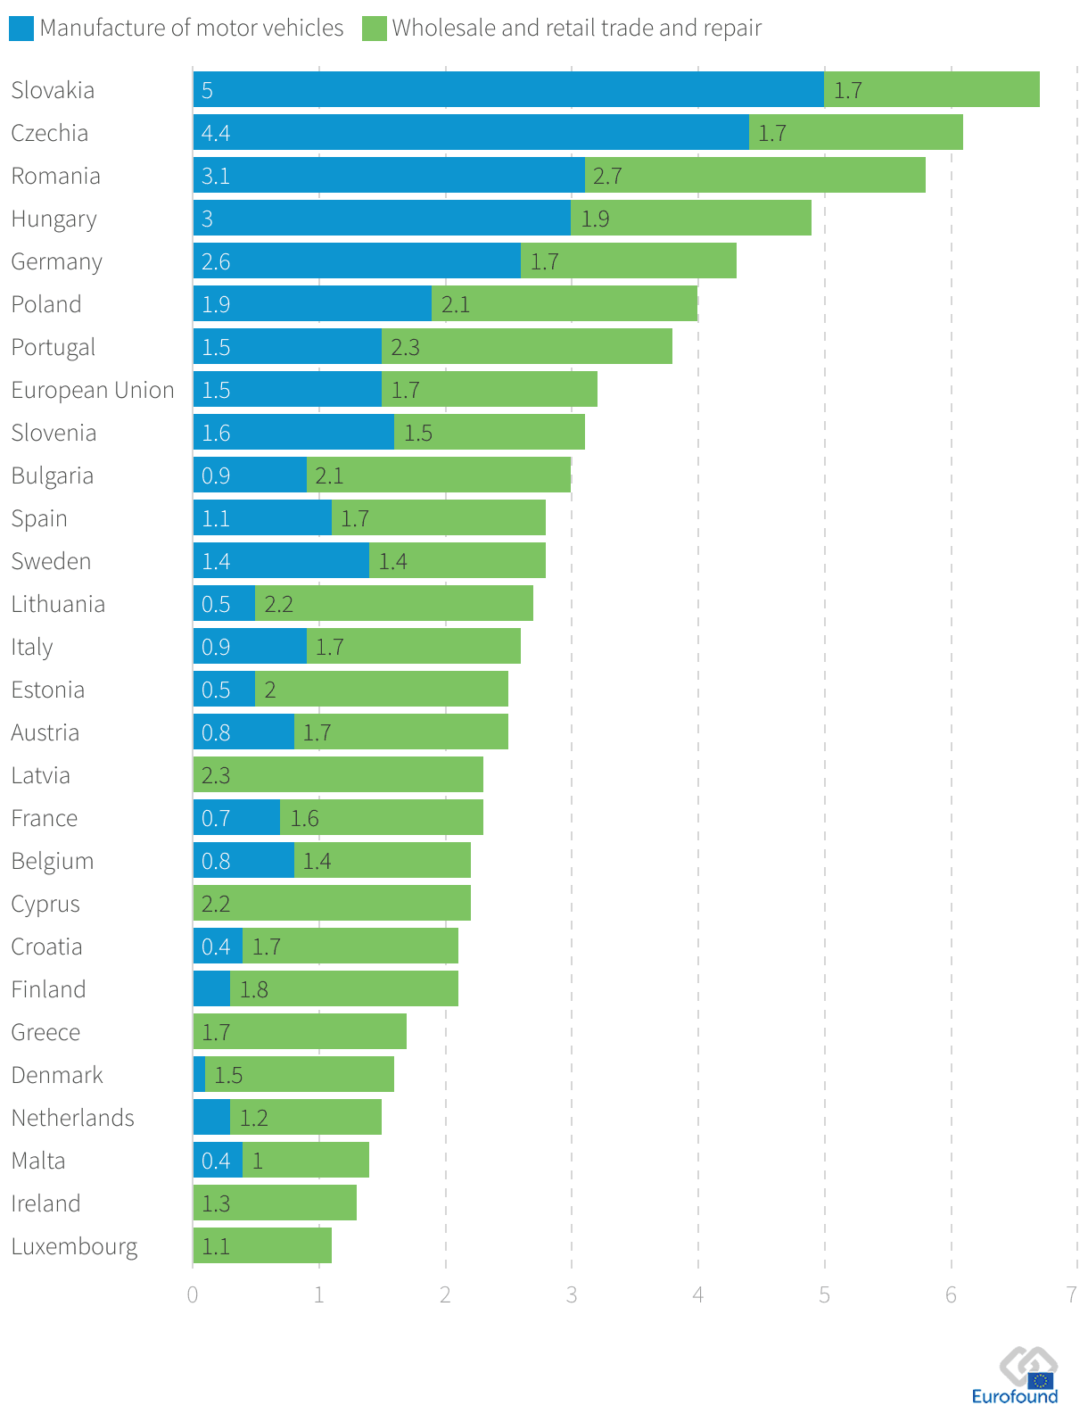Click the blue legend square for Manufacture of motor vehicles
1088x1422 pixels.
point(21,29)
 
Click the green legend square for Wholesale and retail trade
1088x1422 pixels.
point(375,29)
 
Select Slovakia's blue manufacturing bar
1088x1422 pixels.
point(508,89)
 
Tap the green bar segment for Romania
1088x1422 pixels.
point(754,175)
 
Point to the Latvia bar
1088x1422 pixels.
point(338,774)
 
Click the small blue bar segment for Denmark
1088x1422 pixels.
point(199,1074)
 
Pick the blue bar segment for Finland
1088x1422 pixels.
point(211,988)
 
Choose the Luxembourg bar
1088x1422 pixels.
point(262,1245)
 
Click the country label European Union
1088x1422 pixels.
point(93,390)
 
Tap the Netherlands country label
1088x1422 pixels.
point(72,1118)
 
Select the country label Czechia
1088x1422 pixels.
point(50,133)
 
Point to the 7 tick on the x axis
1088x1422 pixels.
point(1072,1294)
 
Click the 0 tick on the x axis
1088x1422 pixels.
point(193,1294)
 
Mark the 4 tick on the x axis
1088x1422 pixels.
point(698,1294)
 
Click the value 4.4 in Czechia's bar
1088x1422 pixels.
point(216,133)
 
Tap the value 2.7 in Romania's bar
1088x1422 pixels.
point(607,176)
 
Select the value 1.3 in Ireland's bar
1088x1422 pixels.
point(216,1203)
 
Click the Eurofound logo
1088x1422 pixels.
point(1017,1376)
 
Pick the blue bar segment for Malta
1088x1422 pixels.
point(218,1160)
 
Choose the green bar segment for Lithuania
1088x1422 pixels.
point(394,603)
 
